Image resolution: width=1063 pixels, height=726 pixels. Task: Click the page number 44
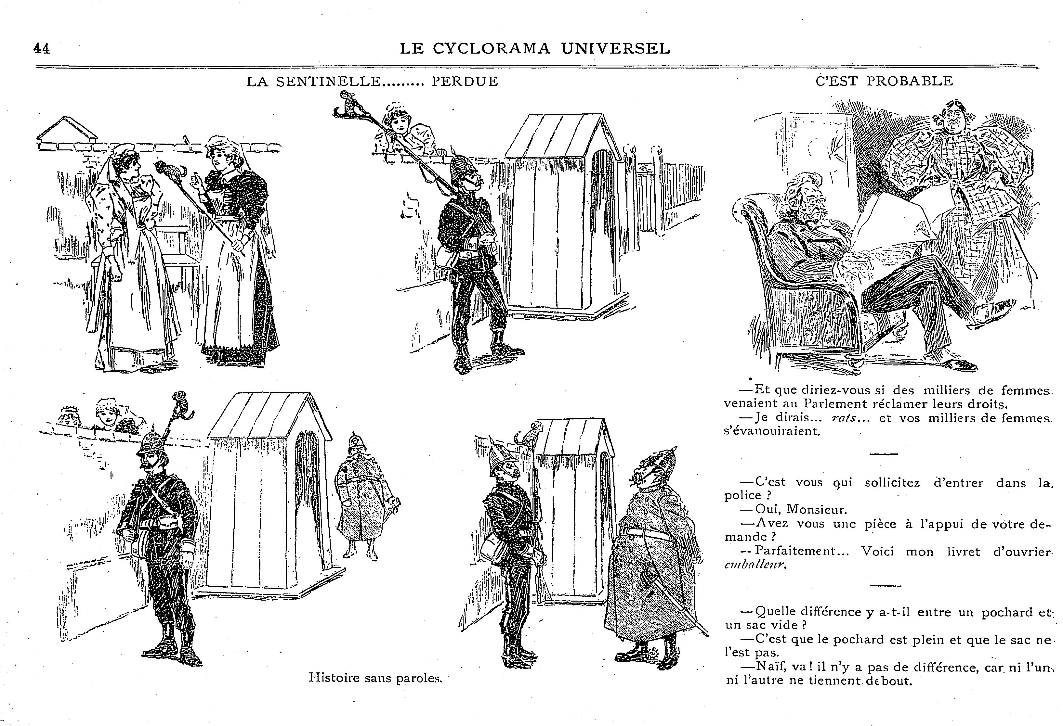[42, 48]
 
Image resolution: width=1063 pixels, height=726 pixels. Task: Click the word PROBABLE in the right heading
[910, 81]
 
